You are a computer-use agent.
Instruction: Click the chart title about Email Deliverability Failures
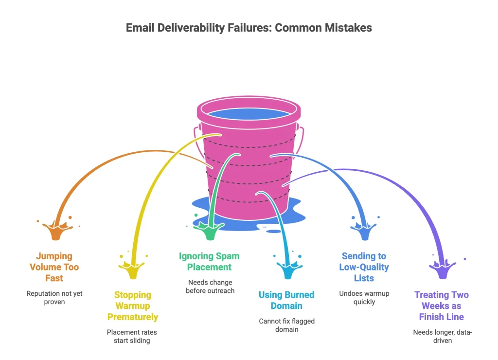[249, 28]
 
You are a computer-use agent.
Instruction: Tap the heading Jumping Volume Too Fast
[54, 267]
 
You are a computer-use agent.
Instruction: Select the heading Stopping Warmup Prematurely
[133, 306]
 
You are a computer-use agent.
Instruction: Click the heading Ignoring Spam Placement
[209, 261]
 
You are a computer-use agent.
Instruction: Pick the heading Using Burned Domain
[286, 300]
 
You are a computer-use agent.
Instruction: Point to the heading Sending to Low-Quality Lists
[364, 267]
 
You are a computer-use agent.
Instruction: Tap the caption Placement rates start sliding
[132, 336]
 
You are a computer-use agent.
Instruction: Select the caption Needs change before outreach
[210, 287]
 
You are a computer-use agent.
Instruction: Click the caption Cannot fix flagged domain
[286, 325]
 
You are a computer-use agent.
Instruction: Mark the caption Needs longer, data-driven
[443, 337]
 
